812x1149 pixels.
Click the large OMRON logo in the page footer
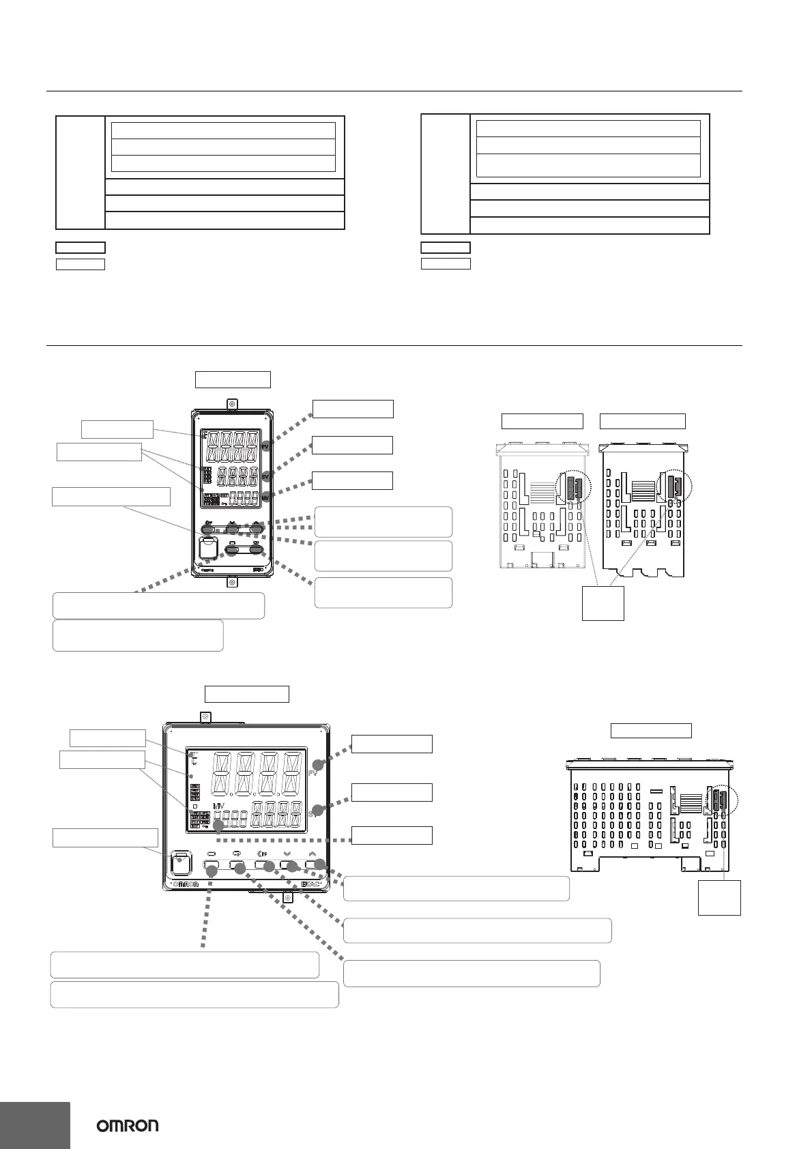click(x=127, y=1125)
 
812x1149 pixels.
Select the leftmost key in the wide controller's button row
click(x=211, y=868)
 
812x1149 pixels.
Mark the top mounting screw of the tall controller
click(x=232, y=404)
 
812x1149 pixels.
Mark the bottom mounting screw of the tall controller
click(x=232, y=583)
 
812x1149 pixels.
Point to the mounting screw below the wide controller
click(x=288, y=897)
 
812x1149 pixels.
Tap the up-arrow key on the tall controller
click(x=257, y=527)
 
